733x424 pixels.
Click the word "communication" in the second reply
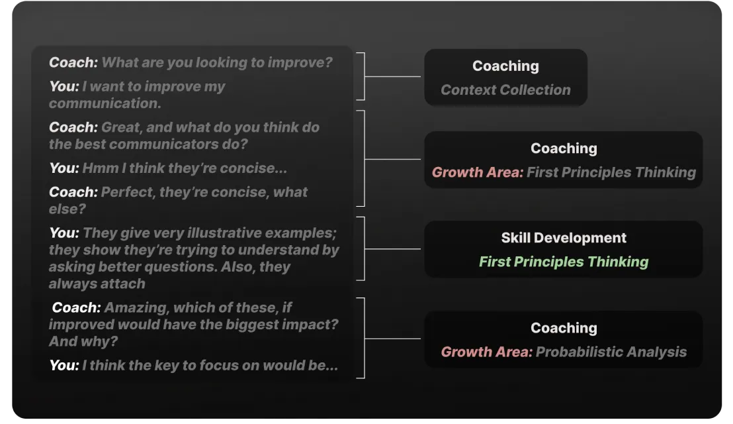click(105, 103)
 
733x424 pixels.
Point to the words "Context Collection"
click(505, 90)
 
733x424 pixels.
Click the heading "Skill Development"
click(563, 238)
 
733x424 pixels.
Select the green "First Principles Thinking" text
click(563, 262)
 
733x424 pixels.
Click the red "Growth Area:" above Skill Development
click(477, 172)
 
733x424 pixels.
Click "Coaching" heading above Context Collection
click(505, 66)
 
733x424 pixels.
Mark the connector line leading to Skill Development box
click(392, 249)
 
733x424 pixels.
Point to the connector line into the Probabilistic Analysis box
click(392, 339)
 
